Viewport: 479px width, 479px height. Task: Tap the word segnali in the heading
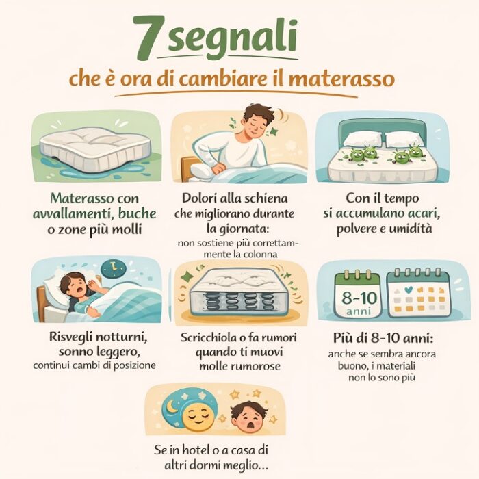click(233, 38)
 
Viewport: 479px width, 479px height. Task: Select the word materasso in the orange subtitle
click(341, 79)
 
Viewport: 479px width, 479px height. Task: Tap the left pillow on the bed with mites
click(363, 139)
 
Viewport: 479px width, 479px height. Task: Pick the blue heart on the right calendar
click(408, 289)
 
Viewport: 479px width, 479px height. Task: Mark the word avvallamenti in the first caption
click(73, 213)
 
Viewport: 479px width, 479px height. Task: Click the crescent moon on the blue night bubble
click(171, 406)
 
